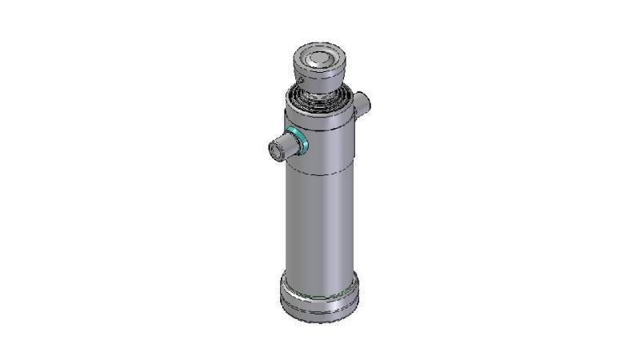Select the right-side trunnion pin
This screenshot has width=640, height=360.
click(362, 103)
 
